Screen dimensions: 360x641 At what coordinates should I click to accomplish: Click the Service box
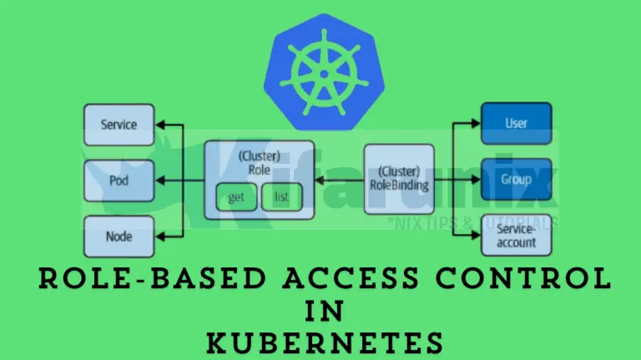pyautogui.click(x=119, y=124)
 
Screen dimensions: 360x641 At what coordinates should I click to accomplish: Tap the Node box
pyautogui.click(x=119, y=236)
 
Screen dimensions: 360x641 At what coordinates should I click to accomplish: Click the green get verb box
pyautogui.click(x=235, y=197)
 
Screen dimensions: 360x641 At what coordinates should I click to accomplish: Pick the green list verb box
pyautogui.click(x=280, y=197)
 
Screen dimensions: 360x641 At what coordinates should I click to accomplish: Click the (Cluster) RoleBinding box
pyautogui.click(x=399, y=179)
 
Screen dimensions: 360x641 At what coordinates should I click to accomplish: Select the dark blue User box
pyautogui.click(x=517, y=124)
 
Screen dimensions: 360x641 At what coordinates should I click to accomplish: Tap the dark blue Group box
pyautogui.click(x=517, y=179)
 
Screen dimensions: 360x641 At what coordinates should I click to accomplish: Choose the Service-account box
pyautogui.click(x=517, y=235)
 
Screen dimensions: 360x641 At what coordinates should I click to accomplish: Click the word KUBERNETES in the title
pyautogui.click(x=320, y=342)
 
